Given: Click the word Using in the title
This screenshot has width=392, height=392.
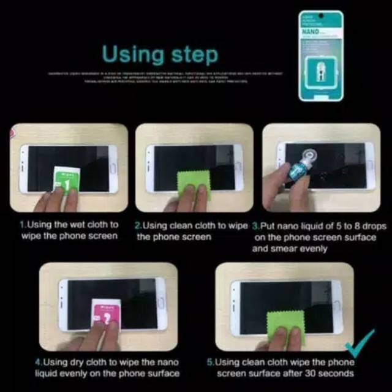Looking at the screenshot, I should click(x=130, y=55).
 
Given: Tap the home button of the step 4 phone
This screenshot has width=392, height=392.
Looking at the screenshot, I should click(x=161, y=304).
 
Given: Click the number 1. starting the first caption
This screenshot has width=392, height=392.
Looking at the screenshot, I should click(x=23, y=225).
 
